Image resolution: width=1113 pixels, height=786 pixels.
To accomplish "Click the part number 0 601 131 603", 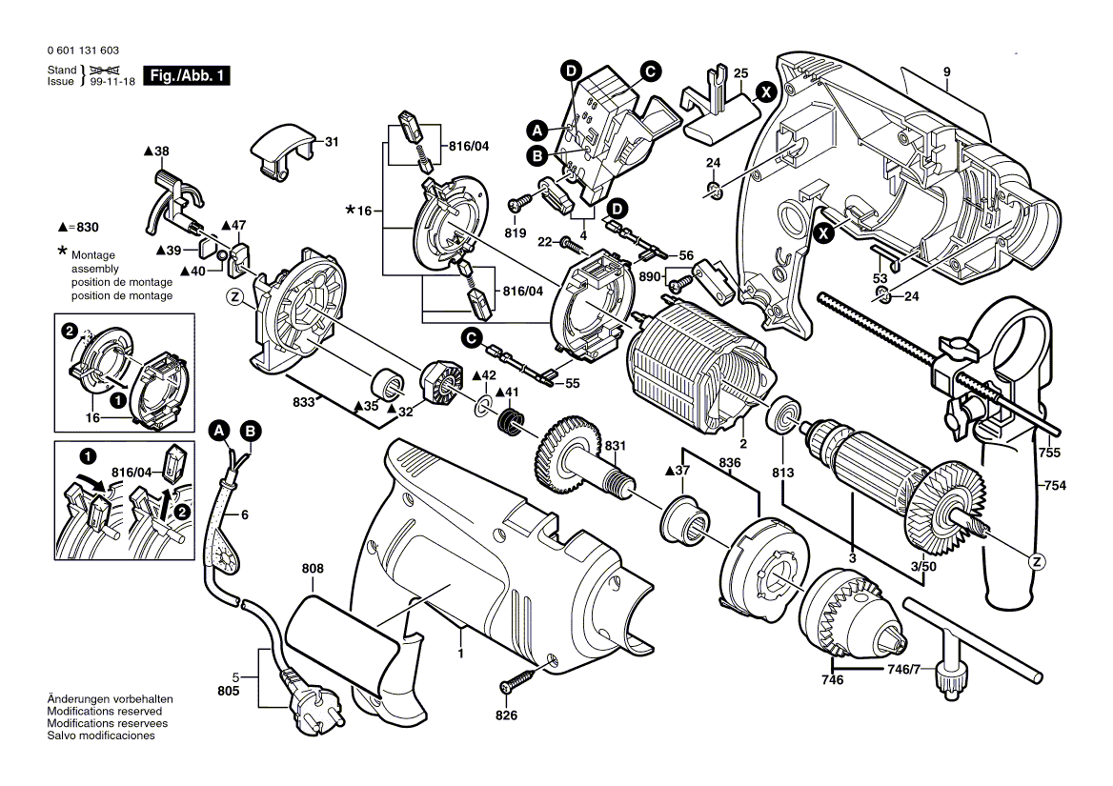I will point(82,50).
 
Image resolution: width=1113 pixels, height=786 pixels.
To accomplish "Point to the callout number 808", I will point(313,569).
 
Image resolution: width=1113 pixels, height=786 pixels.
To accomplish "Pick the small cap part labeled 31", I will point(282,150).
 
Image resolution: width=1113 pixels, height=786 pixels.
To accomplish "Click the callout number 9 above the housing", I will point(947,72).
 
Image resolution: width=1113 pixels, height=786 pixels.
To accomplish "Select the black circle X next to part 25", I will point(764,92).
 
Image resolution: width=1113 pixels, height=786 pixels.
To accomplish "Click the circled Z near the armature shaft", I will point(1035,561).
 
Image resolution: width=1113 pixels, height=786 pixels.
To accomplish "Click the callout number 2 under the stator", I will point(744,444).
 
